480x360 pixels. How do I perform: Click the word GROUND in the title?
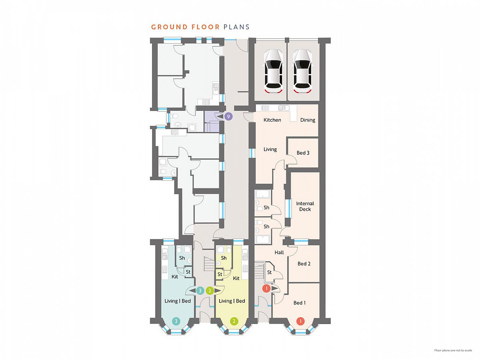coord(170,27)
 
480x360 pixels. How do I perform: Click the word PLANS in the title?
coord(236,27)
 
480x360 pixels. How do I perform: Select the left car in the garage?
coord(273,71)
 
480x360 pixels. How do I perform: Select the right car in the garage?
coord(302,71)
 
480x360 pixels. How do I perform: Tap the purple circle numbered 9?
coord(228,116)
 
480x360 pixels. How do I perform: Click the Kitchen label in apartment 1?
coord(272,120)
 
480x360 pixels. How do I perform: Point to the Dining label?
coord(308,120)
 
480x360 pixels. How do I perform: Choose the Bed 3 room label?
coord(303,153)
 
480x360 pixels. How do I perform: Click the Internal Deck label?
coord(305,206)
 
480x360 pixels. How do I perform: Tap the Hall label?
coord(279,252)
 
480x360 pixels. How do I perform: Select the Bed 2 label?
coord(304,264)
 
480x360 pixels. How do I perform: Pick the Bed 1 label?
coord(299,303)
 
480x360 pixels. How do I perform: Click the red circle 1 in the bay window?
coord(300,321)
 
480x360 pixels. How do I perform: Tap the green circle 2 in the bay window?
coord(234,321)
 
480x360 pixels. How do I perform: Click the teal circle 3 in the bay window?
coord(176,321)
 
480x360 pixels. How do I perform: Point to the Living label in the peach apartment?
coord(270,149)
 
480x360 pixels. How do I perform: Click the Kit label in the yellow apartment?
coord(236,278)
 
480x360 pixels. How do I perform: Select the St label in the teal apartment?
coord(188,272)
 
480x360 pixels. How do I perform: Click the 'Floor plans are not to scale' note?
coord(453,350)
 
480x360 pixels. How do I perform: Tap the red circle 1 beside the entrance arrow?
coord(266,288)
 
